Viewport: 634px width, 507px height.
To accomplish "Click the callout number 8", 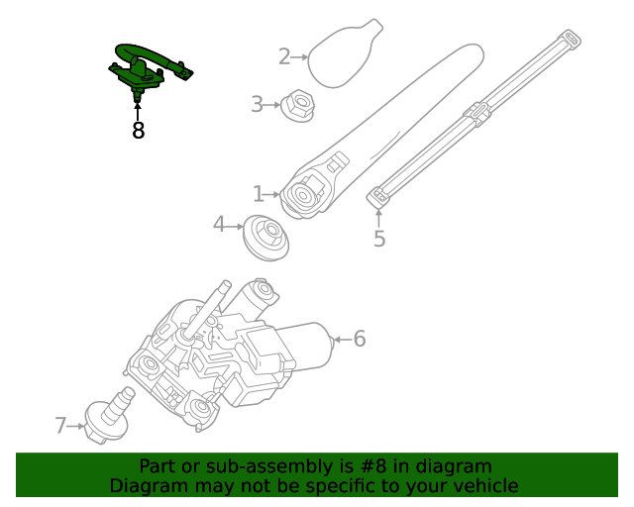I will (x=138, y=131).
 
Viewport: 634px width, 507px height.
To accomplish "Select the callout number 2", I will (x=284, y=56).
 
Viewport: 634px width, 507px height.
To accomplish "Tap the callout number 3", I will (x=258, y=104).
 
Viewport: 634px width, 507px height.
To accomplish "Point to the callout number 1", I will (x=259, y=194).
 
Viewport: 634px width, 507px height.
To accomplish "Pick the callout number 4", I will (x=220, y=225).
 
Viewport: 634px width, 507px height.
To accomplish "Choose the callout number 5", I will (x=379, y=239).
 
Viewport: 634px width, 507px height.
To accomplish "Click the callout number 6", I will (x=359, y=339).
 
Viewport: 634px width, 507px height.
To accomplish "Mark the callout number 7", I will (x=61, y=426).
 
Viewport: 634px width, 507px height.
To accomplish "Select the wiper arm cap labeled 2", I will (x=342, y=51).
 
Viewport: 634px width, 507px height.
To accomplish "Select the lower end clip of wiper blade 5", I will (x=378, y=197).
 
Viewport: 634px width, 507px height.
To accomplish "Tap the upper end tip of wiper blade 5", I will (x=570, y=40).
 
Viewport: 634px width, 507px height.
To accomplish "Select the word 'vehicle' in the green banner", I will (x=484, y=485).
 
